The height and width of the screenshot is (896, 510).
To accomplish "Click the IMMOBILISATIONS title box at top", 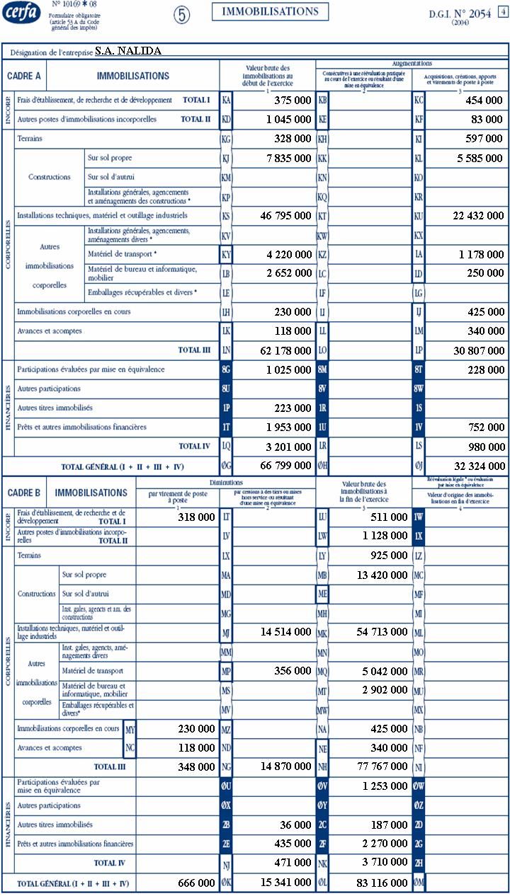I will (270, 11).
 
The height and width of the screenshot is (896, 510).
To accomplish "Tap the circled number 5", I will (182, 15).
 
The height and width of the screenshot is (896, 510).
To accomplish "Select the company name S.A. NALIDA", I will (128, 51).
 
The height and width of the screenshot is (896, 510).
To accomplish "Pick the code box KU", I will (418, 216).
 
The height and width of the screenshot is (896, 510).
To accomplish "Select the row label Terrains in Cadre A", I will (30, 139).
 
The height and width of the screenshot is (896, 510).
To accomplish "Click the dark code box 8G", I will (226, 369).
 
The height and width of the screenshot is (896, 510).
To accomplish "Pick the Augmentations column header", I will (412, 64).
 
